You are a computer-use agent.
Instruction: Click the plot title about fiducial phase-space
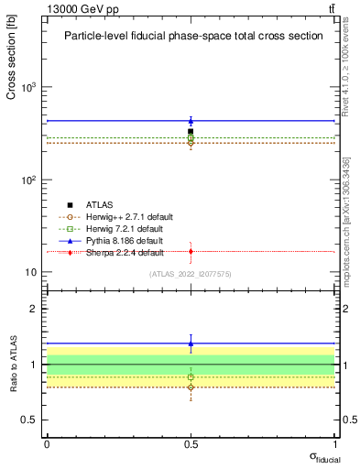pyautogui.click(x=192, y=37)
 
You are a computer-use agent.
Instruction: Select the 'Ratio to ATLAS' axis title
pyautogui.click(x=12, y=365)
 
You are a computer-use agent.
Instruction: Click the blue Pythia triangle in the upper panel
pyautogui.click(x=191, y=120)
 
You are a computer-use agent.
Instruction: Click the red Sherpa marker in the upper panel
pyautogui.click(x=191, y=251)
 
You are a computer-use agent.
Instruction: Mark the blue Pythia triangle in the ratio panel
pyautogui.click(x=191, y=344)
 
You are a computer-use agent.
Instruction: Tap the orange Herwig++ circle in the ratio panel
pyautogui.click(x=191, y=387)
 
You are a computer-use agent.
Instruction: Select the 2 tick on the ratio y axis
pyautogui.click(x=35, y=309)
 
